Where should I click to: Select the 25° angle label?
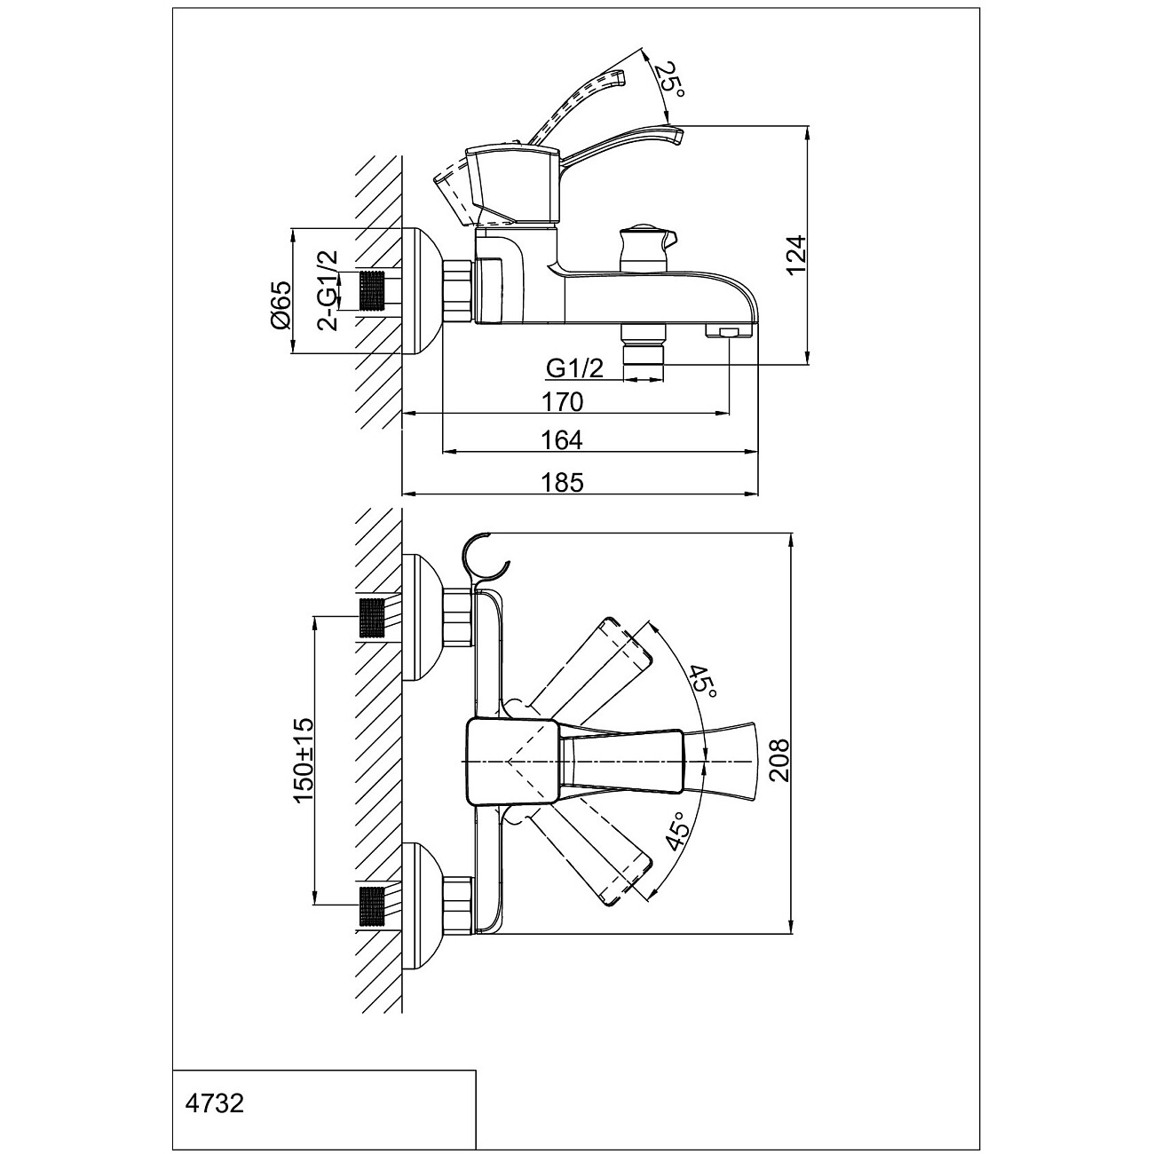tap(668, 81)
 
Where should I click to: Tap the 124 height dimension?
tap(796, 255)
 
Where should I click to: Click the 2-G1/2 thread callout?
tap(328, 290)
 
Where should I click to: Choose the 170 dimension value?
tap(562, 402)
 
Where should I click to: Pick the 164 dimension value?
tap(562, 440)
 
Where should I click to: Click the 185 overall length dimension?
tap(562, 482)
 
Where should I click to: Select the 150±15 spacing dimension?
tap(303, 761)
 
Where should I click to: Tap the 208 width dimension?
tap(779, 761)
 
